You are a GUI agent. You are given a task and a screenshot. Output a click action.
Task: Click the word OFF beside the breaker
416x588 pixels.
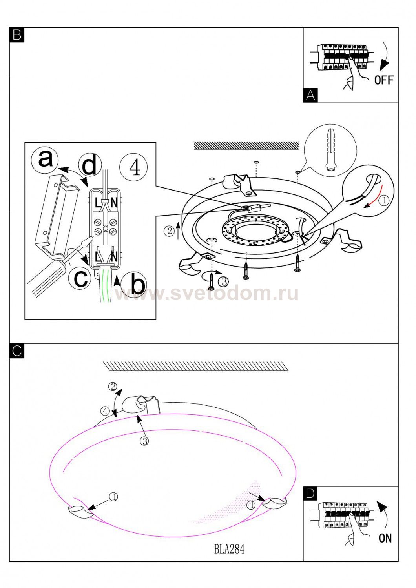coord(383,80)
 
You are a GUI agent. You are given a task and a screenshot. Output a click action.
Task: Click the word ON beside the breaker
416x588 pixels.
coord(385,538)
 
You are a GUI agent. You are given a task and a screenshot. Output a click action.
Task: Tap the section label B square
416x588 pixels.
coord(17,35)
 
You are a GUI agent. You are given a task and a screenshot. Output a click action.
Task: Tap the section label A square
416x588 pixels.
coord(310,96)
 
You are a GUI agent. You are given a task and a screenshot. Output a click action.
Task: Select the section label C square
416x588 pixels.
coord(17,351)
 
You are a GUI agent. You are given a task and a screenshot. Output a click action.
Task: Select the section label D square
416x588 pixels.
coord(310,494)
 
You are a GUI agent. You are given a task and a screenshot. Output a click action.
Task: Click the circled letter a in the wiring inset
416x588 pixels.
coord(45,159)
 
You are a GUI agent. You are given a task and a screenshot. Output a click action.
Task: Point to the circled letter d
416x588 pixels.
coord(90,166)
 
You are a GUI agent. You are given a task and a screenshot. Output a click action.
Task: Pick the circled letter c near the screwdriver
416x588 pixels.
coord(81,278)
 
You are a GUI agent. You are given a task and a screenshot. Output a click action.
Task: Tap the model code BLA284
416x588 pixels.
coord(229,549)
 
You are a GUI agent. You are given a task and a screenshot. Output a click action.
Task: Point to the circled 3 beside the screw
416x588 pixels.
coord(223,281)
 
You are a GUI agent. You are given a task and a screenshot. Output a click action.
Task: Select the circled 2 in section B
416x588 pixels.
coord(169,231)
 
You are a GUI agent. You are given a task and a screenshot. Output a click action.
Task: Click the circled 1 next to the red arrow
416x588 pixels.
coord(384,200)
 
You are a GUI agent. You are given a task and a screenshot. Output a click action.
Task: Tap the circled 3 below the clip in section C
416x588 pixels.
coord(144,441)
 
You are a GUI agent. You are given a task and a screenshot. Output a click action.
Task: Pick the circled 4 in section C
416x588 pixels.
coord(105,411)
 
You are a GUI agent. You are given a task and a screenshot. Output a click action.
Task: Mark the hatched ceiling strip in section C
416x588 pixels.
coord(196,366)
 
